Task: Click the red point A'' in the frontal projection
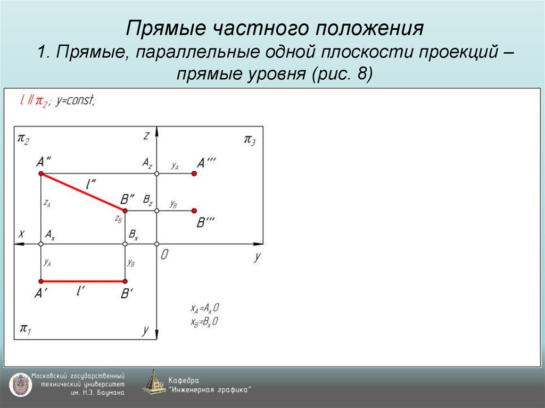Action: [x=40, y=174]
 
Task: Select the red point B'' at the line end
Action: [x=125, y=211]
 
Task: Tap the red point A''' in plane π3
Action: [x=194, y=174]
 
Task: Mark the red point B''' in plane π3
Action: [x=194, y=211]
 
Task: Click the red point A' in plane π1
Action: [x=40, y=281]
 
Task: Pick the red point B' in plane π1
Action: [x=125, y=281]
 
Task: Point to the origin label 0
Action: [x=164, y=255]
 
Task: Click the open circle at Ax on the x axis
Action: [x=40, y=244]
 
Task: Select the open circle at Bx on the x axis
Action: [x=125, y=244]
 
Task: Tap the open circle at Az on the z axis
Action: [x=156, y=174]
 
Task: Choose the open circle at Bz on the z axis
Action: [x=156, y=211]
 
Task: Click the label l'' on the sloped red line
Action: [x=91, y=184]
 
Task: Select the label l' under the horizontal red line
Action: [x=81, y=292]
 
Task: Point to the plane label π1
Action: [x=25, y=329]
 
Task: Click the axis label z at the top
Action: [x=145, y=136]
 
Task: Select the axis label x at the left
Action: [x=22, y=234]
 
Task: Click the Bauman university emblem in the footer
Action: [x=19, y=384]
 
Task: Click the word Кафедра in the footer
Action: [x=184, y=380]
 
